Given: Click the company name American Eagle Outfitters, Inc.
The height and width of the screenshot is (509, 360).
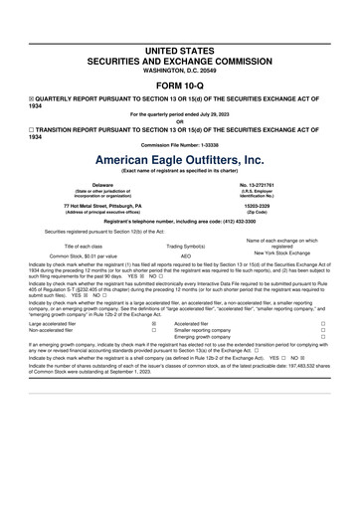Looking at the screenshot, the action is [x=180, y=159].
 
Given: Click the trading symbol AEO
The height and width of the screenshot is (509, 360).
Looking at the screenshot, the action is [x=185, y=254].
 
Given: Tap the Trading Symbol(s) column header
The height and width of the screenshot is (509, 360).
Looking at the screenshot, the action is [x=185, y=245].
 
